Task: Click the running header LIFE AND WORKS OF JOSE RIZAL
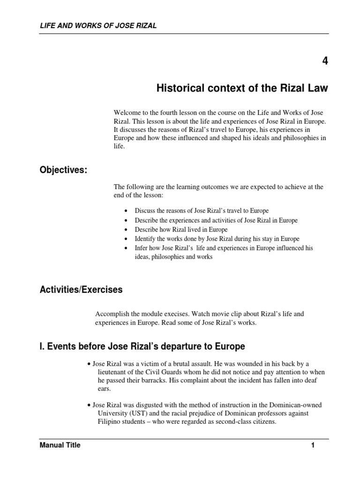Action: pyautogui.click(x=98, y=26)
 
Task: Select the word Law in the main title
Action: pyautogui.click(x=318, y=89)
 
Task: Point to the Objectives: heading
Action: pyautogui.click(x=64, y=171)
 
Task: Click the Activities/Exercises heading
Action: pyautogui.click(x=81, y=290)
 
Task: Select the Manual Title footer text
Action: pyautogui.click(x=60, y=445)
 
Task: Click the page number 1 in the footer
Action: pyautogui.click(x=312, y=445)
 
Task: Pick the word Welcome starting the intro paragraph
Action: pyautogui.click(x=127, y=112)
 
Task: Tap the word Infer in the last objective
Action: pyautogui.click(x=141, y=248)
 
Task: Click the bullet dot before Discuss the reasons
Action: pyautogui.click(x=128, y=211)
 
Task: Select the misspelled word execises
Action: pyautogui.click(x=181, y=314)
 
